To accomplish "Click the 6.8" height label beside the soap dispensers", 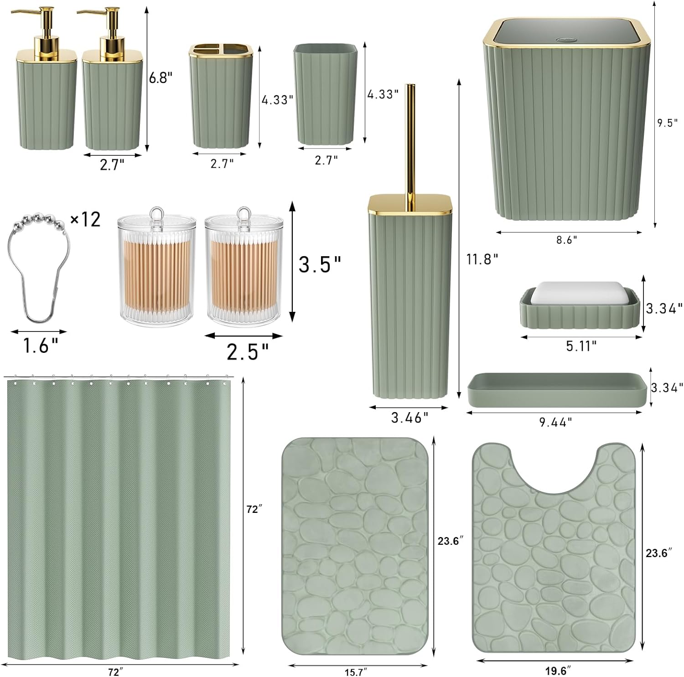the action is click(161, 78).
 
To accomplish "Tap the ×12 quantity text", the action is click(85, 220).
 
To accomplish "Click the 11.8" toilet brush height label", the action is click(482, 259).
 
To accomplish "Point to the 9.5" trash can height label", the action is click(667, 123).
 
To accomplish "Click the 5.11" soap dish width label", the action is click(581, 346).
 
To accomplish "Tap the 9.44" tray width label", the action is click(556, 423).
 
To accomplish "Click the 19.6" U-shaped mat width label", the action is click(557, 670).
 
